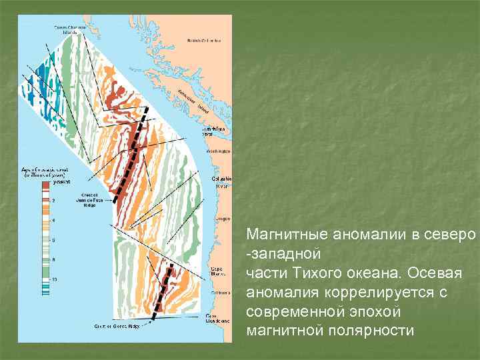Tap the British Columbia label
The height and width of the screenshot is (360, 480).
pyautogui.click(x=203, y=41)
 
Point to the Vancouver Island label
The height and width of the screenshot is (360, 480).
pyautogui.click(x=191, y=101)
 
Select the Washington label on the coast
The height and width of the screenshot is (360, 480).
pyautogui.click(x=219, y=151)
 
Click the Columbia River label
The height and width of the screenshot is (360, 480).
pyautogui.click(x=222, y=182)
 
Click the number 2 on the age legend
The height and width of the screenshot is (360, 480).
pyautogui.click(x=54, y=200)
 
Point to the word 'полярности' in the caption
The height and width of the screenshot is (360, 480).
pyautogui.click(x=369, y=331)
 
